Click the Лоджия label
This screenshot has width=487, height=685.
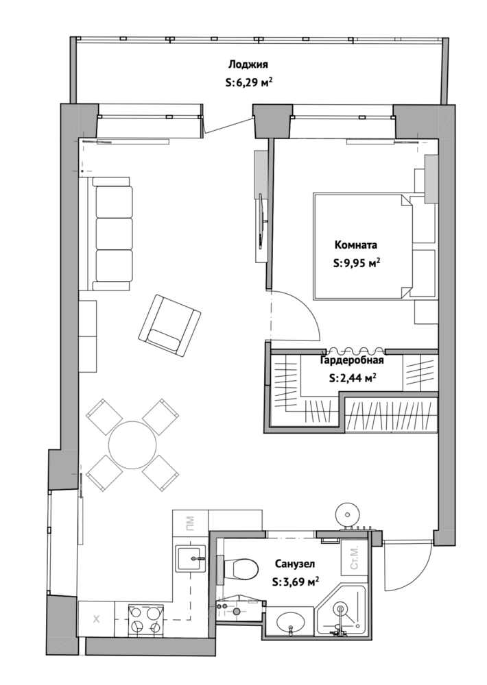248,64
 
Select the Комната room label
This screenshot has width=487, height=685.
356,245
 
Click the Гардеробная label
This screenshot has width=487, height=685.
353,360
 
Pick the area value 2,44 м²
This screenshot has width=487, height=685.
353,378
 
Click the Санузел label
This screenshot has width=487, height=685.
295,564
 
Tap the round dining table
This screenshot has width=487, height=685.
132,445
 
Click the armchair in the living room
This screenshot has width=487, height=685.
169,325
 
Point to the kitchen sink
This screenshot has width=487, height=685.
191,558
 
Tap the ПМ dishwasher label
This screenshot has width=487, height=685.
190,523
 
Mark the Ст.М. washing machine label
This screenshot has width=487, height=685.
354,560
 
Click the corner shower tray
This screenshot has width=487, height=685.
342,612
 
